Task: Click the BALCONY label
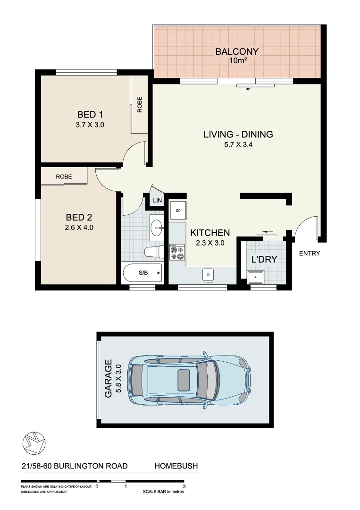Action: [237, 51]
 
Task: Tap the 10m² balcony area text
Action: [237, 61]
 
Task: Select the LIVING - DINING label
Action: [238, 135]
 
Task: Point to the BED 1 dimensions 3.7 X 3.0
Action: [90, 125]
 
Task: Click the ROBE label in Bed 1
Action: [140, 104]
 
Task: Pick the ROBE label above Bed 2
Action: [64, 176]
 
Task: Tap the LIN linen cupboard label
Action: [157, 201]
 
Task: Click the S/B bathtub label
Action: [143, 273]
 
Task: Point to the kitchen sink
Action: [208, 274]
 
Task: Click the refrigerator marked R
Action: [178, 210]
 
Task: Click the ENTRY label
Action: [310, 254]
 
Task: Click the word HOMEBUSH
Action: [176, 466]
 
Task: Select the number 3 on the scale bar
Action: [184, 486]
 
